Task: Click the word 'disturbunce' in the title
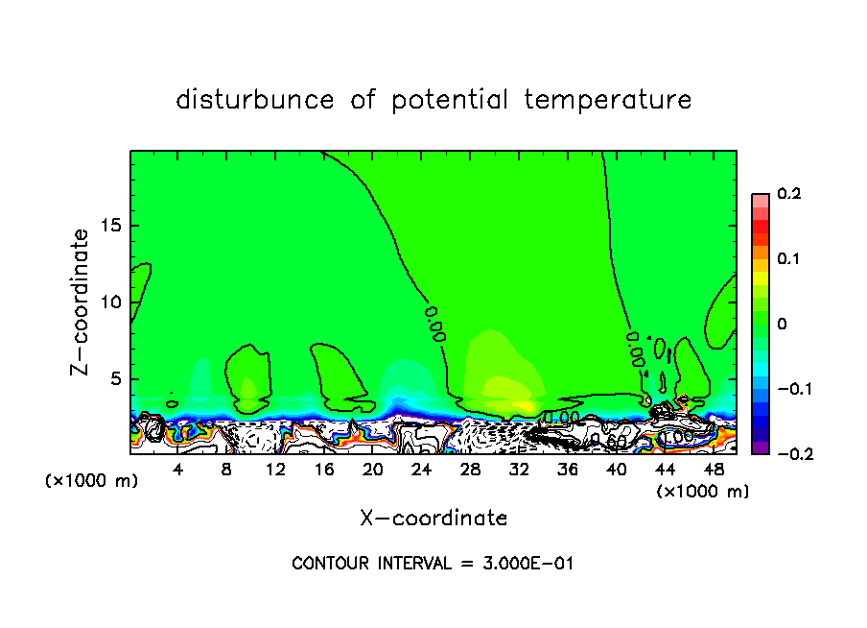coord(255,100)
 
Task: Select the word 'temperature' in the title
coord(608,100)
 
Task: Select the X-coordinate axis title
coord(433,519)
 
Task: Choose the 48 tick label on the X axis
coord(713,470)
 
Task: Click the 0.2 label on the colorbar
coord(788,194)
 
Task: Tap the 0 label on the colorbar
coord(782,325)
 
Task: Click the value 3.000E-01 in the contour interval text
coord(529,564)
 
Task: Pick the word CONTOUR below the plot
coord(329,564)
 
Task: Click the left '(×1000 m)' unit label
coord(92,481)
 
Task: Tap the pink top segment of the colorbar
coord(760,200)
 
